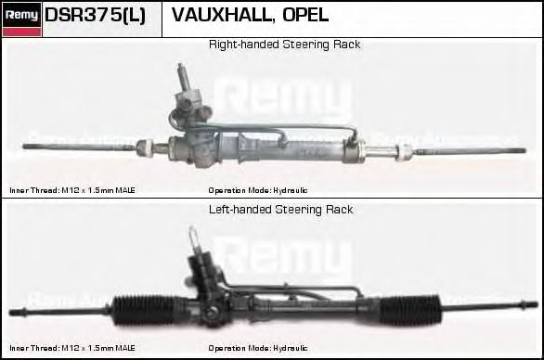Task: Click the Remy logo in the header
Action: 20,14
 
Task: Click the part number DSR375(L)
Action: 95,16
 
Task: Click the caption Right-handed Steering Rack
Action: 284,45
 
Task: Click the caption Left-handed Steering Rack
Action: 280,210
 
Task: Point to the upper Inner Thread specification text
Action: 72,190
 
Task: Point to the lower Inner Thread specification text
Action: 72,348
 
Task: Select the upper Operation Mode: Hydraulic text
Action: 258,190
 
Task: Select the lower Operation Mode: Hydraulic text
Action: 258,348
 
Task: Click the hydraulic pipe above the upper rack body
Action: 278,127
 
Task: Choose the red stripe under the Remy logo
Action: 20,32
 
